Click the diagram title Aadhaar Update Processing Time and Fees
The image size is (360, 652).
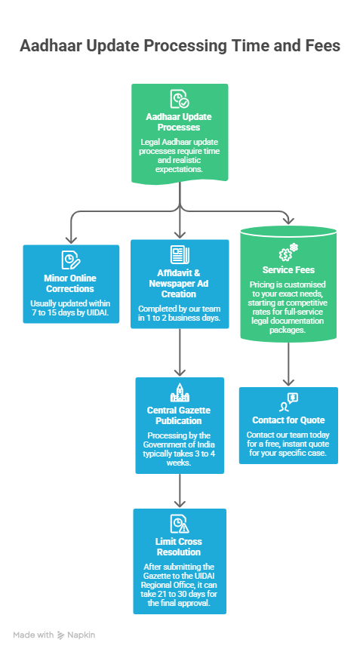[x=180, y=47]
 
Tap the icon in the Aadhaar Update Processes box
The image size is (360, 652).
[x=180, y=100]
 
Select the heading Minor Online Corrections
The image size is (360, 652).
[x=69, y=284]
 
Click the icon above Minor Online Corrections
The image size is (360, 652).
[x=71, y=260]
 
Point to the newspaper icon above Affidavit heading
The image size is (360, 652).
[x=180, y=254]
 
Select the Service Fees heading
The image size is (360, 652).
[x=288, y=270]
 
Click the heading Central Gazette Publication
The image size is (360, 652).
[x=180, y=415]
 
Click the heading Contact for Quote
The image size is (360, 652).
[x=288, y=420]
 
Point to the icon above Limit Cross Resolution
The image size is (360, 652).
[x=180, y=523]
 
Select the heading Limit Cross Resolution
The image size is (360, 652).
[x=180, y=547]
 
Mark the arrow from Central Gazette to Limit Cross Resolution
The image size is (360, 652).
[x=180, y=491]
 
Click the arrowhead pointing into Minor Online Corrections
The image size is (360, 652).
[x=71, y=237]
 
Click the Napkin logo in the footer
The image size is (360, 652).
[x=62, y=635]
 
